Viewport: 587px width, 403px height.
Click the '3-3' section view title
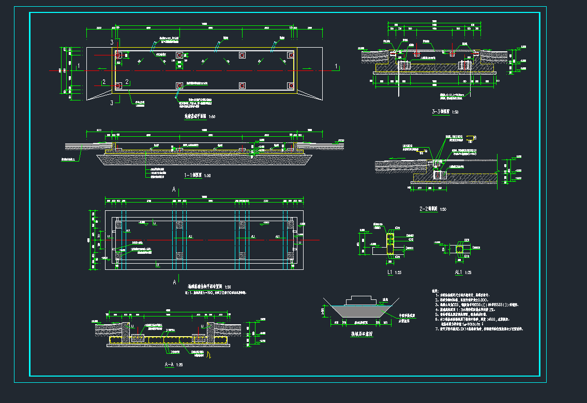click(440, 112)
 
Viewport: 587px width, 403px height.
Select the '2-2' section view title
click(428, 209)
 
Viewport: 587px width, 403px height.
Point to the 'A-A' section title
click(169, 365)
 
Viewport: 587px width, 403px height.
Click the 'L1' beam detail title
click(390, 272)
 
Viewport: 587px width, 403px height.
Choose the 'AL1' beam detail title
click(458, 272)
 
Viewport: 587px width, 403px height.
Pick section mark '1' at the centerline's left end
click(78, 65)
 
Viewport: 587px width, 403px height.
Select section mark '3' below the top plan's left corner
click(112, 103)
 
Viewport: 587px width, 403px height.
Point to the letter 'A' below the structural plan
click(174, 282)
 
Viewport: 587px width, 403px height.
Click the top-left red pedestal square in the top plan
click(117, 55)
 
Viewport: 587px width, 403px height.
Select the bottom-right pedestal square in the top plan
click(291, 85)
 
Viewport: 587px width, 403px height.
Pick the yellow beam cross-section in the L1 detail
click(390, 243)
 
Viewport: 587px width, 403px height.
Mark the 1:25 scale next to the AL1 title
click(468, 272)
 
